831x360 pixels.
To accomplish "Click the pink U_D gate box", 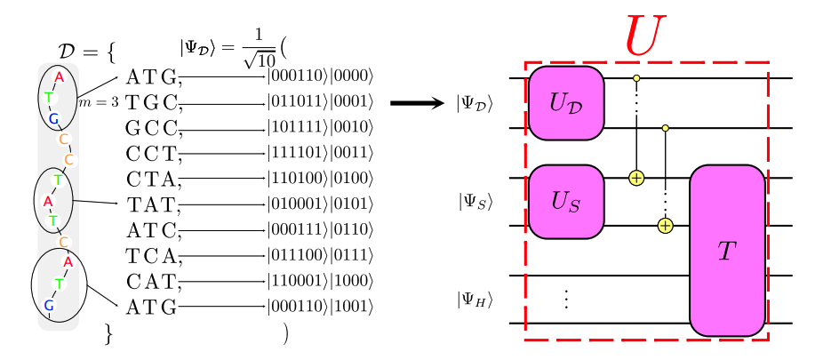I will tap(567, 103).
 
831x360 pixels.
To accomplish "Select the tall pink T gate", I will tap(727, 251).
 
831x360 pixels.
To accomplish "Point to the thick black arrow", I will tap(417, 104).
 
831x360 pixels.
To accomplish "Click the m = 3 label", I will tap(99, 102).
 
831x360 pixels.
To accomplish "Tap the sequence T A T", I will tap(153, 206).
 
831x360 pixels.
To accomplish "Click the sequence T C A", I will tap(153, 258).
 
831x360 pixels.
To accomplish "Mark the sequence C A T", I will tap(153, 283).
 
